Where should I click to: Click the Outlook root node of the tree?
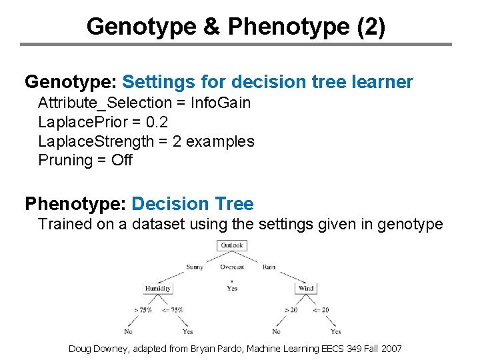coord(232,245)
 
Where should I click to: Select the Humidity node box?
coord(157,289)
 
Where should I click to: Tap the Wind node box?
coord(305,289)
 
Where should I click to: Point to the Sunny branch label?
coord(195,267)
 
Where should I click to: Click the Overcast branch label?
coord(232,267)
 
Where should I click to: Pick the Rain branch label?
coord(269,267)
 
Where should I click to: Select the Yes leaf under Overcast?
coord(232,289)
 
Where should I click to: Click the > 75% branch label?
coord(143,310)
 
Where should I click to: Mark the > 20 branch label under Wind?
coord(291,310)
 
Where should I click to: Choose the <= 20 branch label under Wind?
coord(320,310)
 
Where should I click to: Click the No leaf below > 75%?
coord(128,331)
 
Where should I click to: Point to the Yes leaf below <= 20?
coord(335,331)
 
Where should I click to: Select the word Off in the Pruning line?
coord(122,160)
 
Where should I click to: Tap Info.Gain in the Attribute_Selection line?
coord(221,103)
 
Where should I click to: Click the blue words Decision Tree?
coord(193,203)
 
